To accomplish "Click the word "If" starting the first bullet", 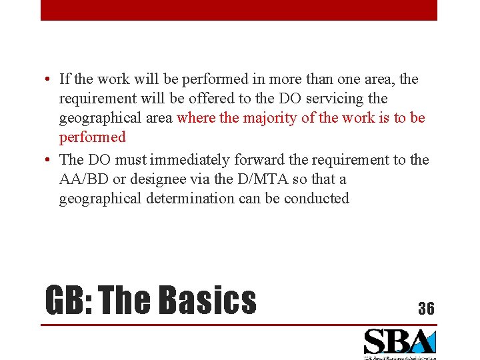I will (64, 79).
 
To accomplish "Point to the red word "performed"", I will (92, 137).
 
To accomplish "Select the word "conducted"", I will (317, 199).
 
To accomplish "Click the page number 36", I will (426, 308).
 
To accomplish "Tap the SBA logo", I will (399, 344).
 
